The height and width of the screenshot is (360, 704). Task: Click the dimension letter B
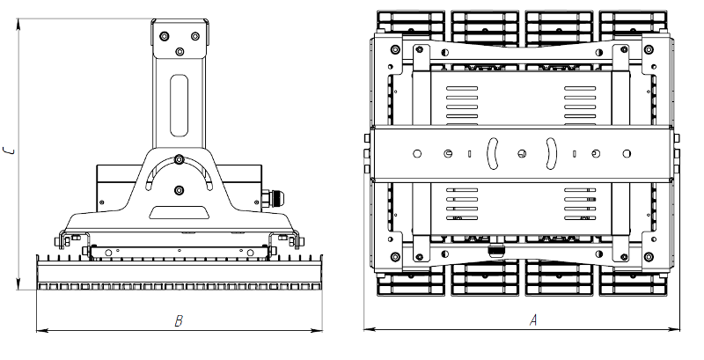(179, 321)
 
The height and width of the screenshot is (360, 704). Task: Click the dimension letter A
(533, 320)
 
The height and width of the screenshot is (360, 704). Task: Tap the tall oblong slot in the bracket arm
(179, 106)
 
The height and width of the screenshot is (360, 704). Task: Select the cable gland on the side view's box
(274, 198)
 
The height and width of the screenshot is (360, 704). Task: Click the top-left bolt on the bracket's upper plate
(165, 36)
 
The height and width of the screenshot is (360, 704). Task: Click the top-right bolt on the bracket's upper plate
(194, 36)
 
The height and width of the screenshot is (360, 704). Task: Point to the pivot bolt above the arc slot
(180, 159)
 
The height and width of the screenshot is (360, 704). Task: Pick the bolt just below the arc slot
(180, 190)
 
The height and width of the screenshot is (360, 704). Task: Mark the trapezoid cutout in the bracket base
(180, 212)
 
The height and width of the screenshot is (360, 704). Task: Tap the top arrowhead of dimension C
(18, 25)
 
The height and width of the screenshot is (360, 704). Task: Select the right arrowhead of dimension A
(674, 330)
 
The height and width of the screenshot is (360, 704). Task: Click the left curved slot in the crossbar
(493, 153)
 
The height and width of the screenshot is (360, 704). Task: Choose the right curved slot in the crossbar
(551, 153)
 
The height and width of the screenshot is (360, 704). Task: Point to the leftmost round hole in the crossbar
(417, 153)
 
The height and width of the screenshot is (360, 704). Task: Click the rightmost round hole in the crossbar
(627, 153)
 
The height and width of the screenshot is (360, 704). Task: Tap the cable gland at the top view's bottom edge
(496, 250)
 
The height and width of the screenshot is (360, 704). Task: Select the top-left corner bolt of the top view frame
(395, 49)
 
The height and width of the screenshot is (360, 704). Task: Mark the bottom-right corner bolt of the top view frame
(649, 257)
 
